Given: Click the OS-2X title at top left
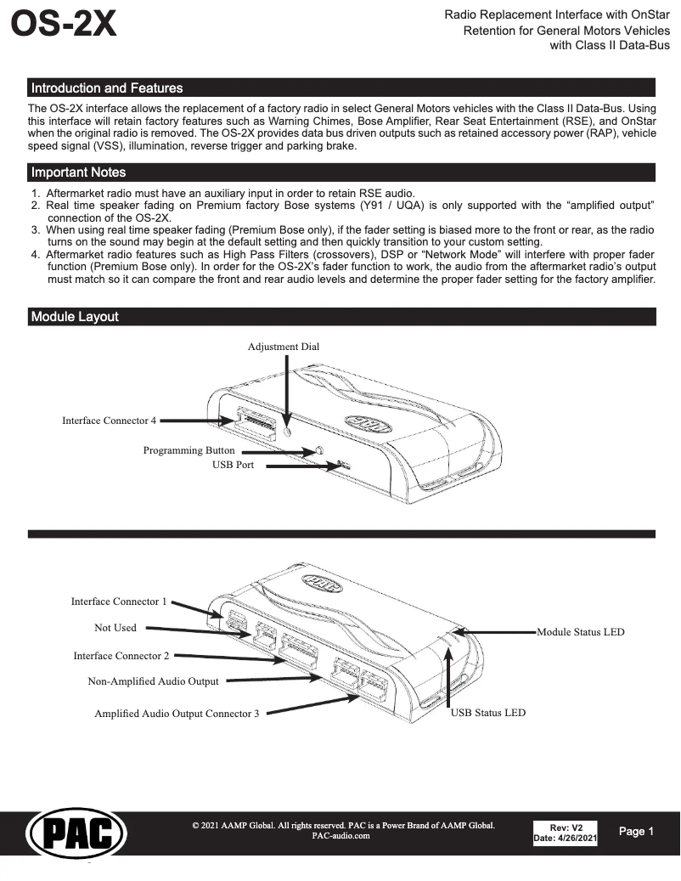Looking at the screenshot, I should pyautogui.click(x=64, y=25).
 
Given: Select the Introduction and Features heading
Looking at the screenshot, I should pyautogui.click(x=106, y=88).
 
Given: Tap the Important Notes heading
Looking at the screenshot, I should pyautogui.click(x=78, y=172).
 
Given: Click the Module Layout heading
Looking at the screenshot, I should pyautogui.click(x=75, y=317).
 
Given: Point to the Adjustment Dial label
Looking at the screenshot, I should pyautogui.click(x=284, y=347).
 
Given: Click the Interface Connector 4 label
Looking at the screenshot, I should pyautogui.click(x=109, y=421).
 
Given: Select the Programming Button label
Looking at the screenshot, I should pyautogui.click(x=189, y=450).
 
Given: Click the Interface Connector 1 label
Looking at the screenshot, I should pyautogui.click(x=119, y=601).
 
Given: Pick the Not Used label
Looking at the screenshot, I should pyautogui.click(x=115, y=628).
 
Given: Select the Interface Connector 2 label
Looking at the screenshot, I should pyautogui.click(x=121, y=656).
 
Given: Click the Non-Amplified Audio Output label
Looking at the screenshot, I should pyautogui.click(x=153, y=681).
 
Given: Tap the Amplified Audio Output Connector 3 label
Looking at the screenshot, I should pyautogui.click(x=177, y=714).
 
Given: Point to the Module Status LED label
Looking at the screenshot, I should pyautogui.click(x=581, y=631).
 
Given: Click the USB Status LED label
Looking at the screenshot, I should pyautogui.click(x=487, y=713).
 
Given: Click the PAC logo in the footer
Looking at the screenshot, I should pyautogui.click(x=77, y=833).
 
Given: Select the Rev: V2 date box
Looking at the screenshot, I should pyautogui.click(x=565, y=833).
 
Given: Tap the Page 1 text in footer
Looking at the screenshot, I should pyautogui.click(x=636, y=832).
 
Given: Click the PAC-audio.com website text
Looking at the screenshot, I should pyautogui.click(x=340, y=836).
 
